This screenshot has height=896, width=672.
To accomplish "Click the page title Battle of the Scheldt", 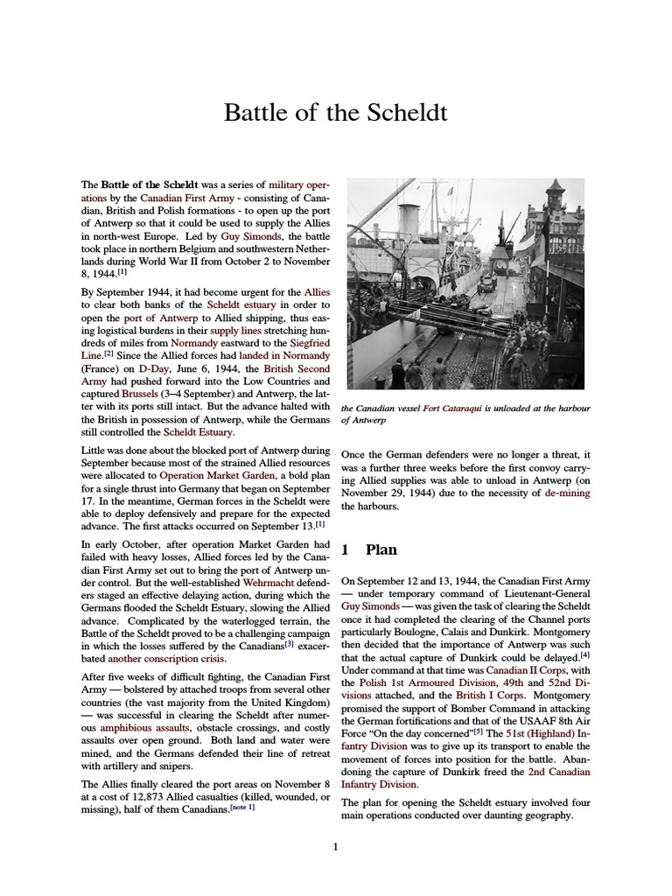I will pyautogui.click(x=336, y=113).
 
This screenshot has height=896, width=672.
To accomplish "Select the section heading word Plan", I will pyautogui.click(x=381, y=549).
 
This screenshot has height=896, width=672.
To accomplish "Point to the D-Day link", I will pyautogui.click(x=126, y=368).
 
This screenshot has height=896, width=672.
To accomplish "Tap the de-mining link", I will pyautogui.click(x=566, y=493).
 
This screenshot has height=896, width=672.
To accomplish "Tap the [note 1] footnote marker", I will pyautogui.click(x=244, y=806).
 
